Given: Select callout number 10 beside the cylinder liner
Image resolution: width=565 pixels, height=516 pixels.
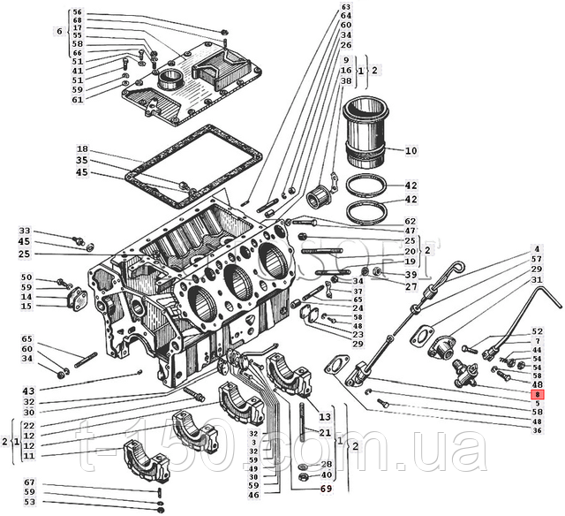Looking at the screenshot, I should [x=411, y=152].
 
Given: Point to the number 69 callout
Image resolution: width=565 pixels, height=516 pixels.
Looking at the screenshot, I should [x=326, y=489].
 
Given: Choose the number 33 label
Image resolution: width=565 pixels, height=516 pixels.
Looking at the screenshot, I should [x=25, y=231].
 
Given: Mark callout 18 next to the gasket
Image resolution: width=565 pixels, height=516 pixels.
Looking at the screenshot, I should [x=81, y=149].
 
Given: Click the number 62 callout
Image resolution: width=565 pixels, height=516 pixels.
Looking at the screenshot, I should [x=411, y=221].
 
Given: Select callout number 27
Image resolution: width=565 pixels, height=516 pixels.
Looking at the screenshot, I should [x=411, y=286].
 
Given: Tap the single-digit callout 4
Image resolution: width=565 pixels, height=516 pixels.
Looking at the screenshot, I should [x=536, y=248].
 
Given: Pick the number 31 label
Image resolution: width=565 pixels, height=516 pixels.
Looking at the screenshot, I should [x=536, y=279].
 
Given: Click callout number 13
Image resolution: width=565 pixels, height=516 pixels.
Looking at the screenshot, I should [x=324, y=416].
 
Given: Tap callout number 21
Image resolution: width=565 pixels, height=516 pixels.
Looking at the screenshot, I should [x=324, y=432].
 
